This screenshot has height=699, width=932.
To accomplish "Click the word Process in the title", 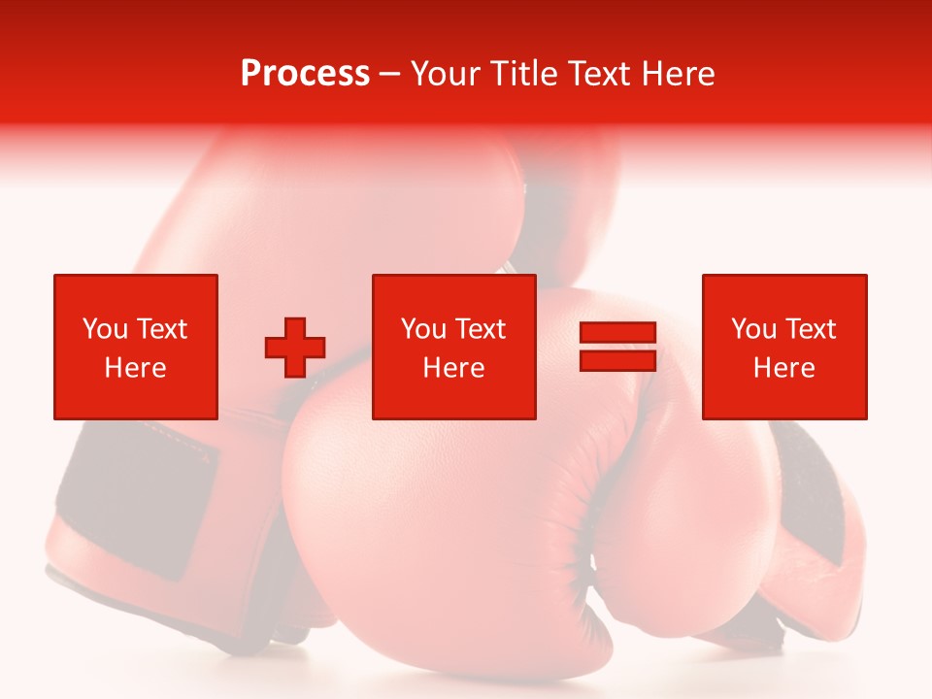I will [305, 74].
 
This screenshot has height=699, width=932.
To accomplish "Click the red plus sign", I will [295, 348].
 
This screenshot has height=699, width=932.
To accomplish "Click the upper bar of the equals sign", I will [617, 333].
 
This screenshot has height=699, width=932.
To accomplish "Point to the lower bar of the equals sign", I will [617, 360].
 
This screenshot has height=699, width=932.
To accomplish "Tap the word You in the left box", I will [105, 329].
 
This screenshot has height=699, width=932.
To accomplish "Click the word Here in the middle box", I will [453, 368].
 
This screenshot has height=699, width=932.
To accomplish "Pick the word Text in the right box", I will [809, 329].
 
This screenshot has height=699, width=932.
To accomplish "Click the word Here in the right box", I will [783, 368].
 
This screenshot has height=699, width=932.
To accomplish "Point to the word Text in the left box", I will [161, 329].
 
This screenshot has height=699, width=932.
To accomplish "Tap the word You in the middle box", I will [423, 329].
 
